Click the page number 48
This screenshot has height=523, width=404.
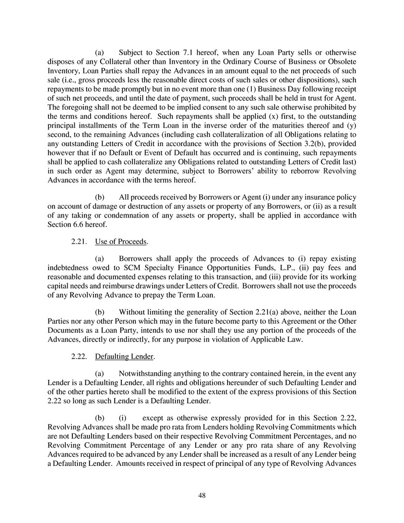coord(202,495)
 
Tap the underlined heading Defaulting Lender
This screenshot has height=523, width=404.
coord(124,357)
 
